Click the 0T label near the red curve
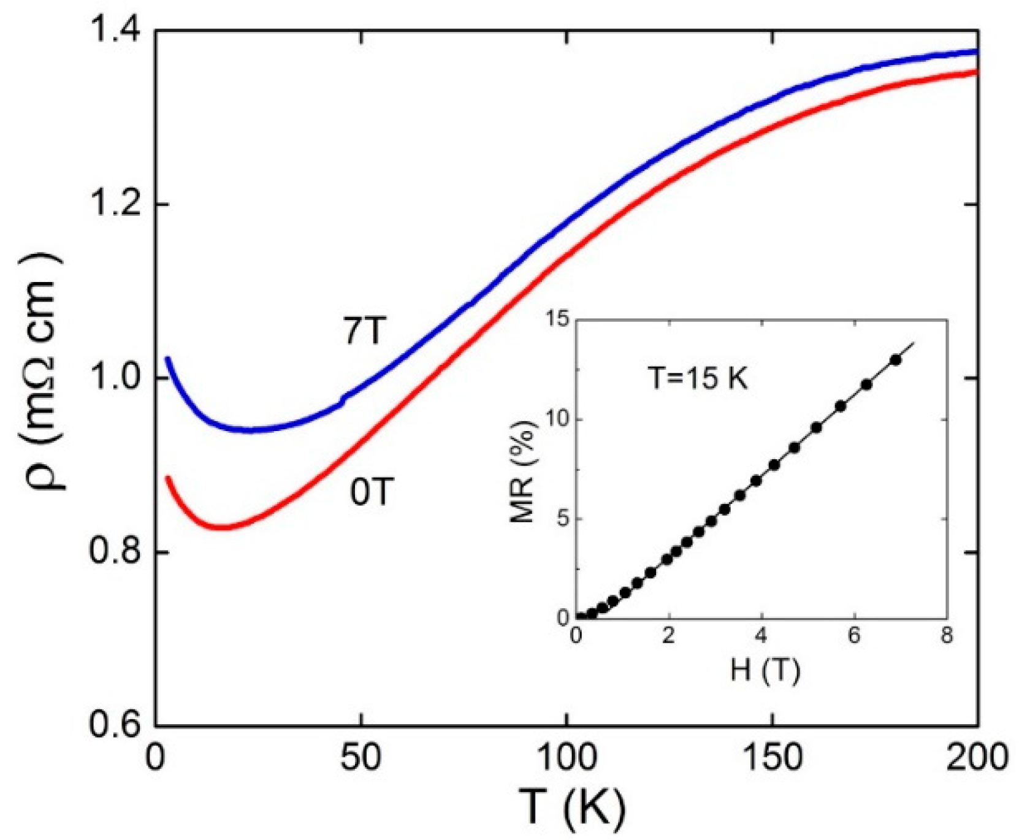coord(370,492)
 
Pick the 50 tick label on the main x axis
coord(361,758)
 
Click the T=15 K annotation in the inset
coord(698,380)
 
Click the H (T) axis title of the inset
coord(765,671)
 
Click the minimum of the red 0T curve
coord(224,527)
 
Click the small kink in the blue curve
coord(343,401)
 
